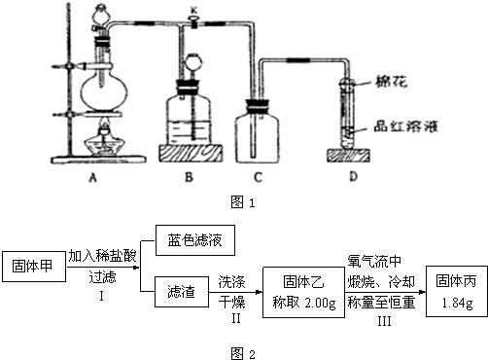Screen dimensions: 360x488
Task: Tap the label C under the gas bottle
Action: pyautogui.click(x=261, y=178)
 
